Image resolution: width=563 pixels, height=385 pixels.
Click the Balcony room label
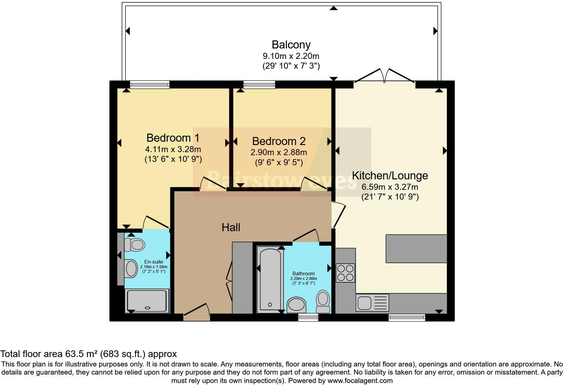point(291,45)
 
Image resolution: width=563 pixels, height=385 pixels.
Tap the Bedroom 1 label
point(173,138)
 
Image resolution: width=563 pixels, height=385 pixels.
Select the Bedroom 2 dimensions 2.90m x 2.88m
point(278,152)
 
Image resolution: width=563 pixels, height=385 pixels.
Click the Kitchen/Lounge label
point(390,176)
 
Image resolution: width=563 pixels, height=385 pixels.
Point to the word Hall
point(231,228)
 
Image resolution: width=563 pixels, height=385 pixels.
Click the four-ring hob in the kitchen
point(345,273)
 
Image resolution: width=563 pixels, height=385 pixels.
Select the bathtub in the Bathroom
point(270,279)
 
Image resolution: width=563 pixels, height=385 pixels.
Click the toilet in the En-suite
point(135,245)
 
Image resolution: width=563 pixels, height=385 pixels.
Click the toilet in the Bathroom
point(323,301)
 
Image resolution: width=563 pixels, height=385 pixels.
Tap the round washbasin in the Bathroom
point(296,305)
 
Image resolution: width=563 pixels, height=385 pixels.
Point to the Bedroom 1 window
point(150,84)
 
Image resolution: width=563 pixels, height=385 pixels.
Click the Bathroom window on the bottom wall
point(308,317)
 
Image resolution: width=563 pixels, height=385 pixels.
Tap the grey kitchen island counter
point(416,248)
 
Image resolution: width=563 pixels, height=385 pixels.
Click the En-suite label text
point(154,262)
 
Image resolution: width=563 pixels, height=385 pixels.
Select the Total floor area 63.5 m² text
point(88,354)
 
